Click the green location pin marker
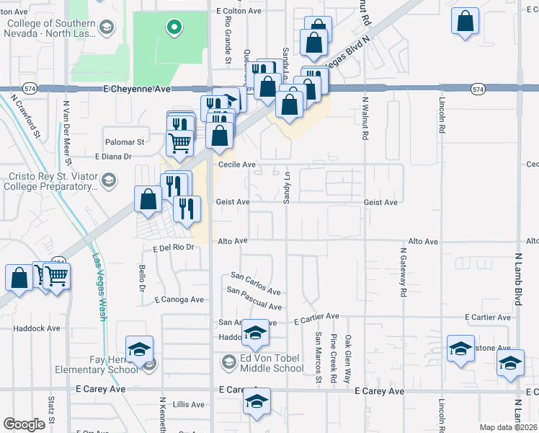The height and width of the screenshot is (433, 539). click(173, 28)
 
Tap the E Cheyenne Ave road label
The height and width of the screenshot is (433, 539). click(136, 89)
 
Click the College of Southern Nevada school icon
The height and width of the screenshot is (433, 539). click(107, 28)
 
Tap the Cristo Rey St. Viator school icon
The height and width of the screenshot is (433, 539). click(109, 180)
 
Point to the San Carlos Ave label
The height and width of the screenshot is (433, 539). click(255, 283)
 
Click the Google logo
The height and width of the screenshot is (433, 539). click(24, 424)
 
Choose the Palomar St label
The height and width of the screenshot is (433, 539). click(125, 142)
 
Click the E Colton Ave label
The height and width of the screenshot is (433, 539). click(239, 11)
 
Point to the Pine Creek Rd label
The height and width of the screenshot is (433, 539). click(333, 358)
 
